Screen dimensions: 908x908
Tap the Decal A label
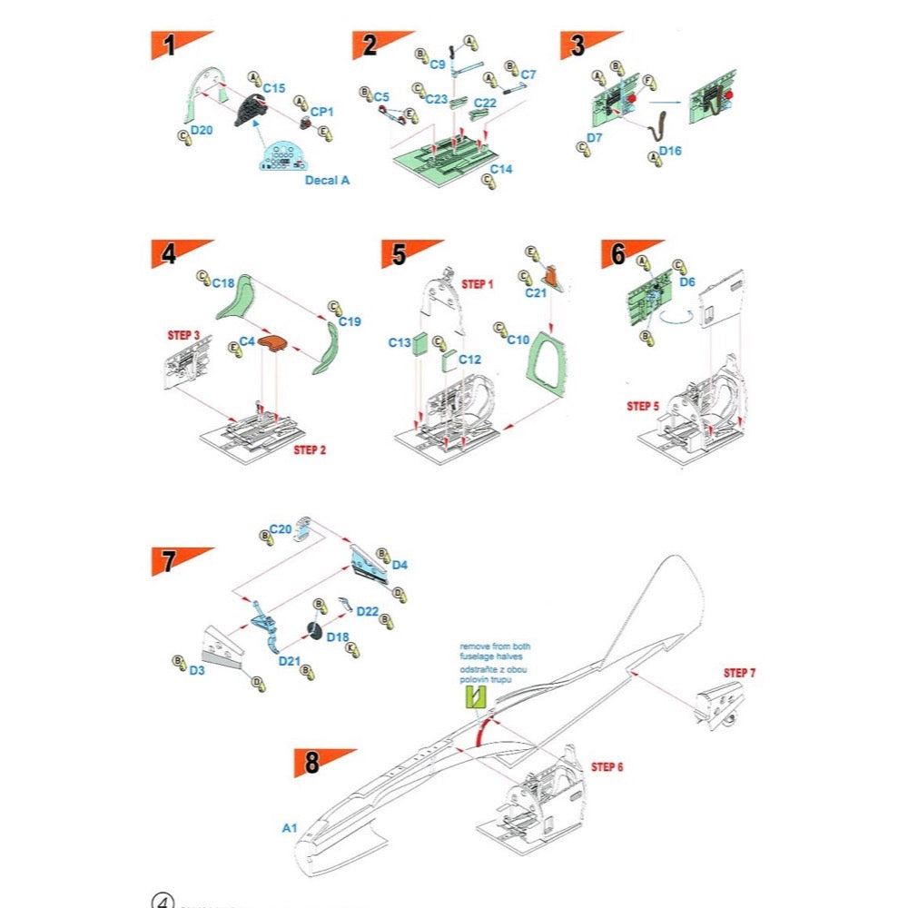click(327, 180)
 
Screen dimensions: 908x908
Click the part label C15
click(274, 88)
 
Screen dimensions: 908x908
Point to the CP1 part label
click(322, 111)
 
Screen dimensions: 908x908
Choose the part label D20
click(201, 131)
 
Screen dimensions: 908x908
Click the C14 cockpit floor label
click(501, 169)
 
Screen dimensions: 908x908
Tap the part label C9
click(438, 64)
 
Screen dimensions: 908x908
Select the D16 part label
click(670, 150)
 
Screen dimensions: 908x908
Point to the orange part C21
click(552, 277)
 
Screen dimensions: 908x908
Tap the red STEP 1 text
click(478, 284)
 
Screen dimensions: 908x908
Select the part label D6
click(687, 282)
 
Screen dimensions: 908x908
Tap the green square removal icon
click(476, 697)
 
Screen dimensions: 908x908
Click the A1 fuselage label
click(290, 828)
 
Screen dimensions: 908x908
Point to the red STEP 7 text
click(739, 673)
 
